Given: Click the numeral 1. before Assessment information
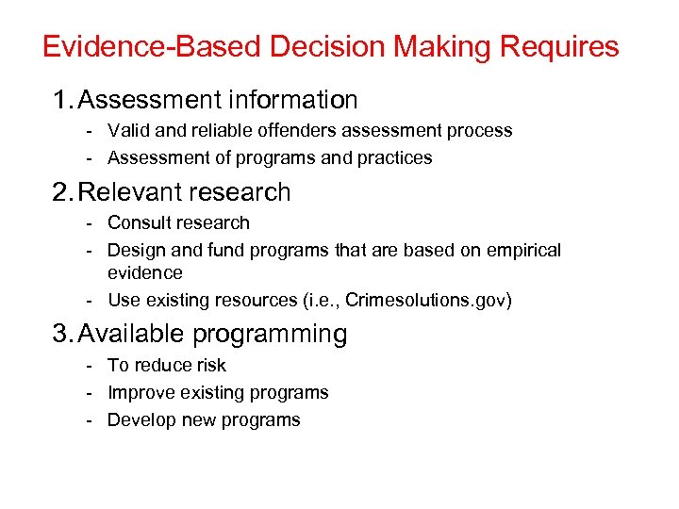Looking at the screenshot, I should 63,99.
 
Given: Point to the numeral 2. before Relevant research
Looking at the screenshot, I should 63,192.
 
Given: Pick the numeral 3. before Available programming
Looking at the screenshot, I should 63,334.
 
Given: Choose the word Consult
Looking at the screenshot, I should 137,223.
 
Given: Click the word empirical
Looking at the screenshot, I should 523,251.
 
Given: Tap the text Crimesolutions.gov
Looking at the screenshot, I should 425,301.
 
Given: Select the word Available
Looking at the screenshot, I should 132,334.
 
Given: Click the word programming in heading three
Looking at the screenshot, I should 271,335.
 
